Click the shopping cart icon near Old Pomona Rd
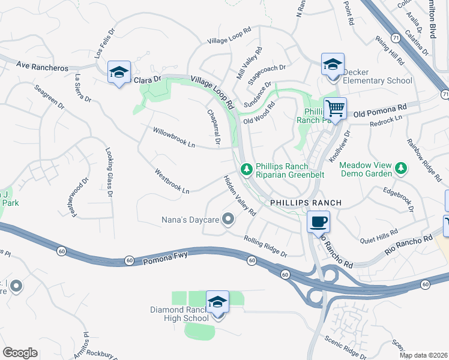(336, 109)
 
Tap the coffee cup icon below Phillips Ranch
(318, 221)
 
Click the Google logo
(20, 353)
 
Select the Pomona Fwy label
(166, 256)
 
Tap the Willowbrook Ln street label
(174, 137)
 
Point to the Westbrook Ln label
(172, 181)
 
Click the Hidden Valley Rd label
(240, 196)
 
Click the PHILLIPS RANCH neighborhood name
(306, 203)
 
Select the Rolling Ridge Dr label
(266, 247)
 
